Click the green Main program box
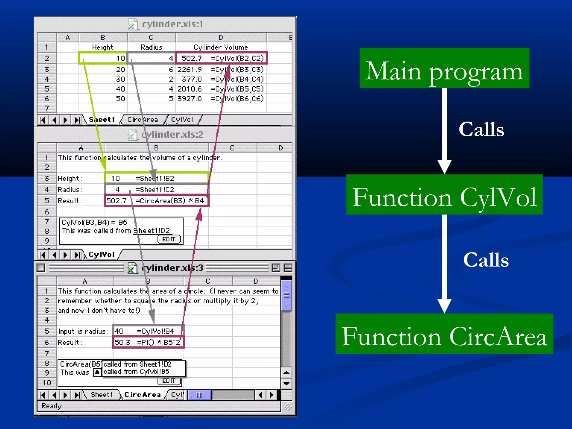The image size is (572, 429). tap(444, 68)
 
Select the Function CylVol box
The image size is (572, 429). tap(444, 195)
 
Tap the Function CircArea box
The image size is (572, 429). tap(444, 334)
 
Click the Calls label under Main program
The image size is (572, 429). tap(481, 130)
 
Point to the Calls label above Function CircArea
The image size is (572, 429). tap(486, 260)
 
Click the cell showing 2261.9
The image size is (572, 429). tap(189, 70)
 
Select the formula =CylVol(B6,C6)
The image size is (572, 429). tap(237, 99)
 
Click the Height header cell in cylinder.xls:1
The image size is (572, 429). tap(103, 47)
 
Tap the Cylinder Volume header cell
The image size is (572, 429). tap(221, 47)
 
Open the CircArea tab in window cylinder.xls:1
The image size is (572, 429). tap(142, 120)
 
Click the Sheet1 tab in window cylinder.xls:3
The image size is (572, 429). tap(102, 395)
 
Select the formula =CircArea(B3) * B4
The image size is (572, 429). tap(170, 201)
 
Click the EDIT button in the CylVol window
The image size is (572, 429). tap(169, 239)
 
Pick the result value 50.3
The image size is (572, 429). tap(122, 342)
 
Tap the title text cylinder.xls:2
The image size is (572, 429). tap(172, 135)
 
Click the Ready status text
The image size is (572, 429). tap(51, 406)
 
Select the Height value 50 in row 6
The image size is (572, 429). tap(120, 99)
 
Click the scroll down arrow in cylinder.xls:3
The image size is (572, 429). tap(286, 383)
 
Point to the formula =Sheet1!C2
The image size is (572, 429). tap(155, 190)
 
